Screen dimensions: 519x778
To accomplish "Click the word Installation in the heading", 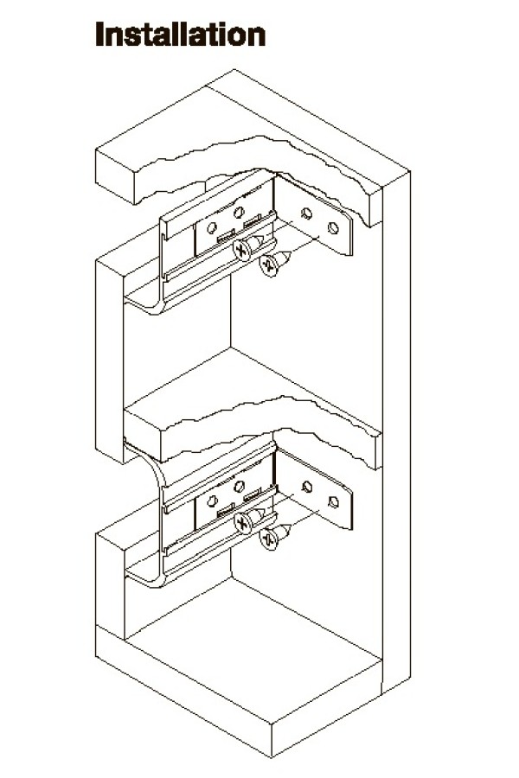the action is coord(180,35).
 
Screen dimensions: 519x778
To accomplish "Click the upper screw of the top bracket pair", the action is coord(248,247).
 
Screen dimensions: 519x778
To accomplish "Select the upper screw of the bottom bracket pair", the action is coord(249,520).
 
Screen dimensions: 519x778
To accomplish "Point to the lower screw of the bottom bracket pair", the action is coord(275,536).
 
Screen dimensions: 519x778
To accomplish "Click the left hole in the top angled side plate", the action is coord(307,214).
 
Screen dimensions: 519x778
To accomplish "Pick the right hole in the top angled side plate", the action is coord(333,227).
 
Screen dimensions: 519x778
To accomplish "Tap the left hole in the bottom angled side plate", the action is coord(307,487).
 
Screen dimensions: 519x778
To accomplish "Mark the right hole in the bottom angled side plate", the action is coord(333,502).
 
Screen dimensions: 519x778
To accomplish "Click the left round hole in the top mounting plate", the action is coord(212,228).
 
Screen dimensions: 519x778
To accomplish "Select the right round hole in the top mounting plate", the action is coord(239,213).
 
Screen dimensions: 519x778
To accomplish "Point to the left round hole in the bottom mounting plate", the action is coord(212,501).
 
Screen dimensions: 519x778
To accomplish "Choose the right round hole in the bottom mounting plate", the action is coord(239,486).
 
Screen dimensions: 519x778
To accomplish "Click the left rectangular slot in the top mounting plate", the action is coord(227,237).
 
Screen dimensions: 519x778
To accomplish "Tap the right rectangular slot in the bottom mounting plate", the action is coord(253,494).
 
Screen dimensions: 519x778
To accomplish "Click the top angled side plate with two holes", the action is coord(313,216).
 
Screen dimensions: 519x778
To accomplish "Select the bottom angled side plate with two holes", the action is coord(313,490).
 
